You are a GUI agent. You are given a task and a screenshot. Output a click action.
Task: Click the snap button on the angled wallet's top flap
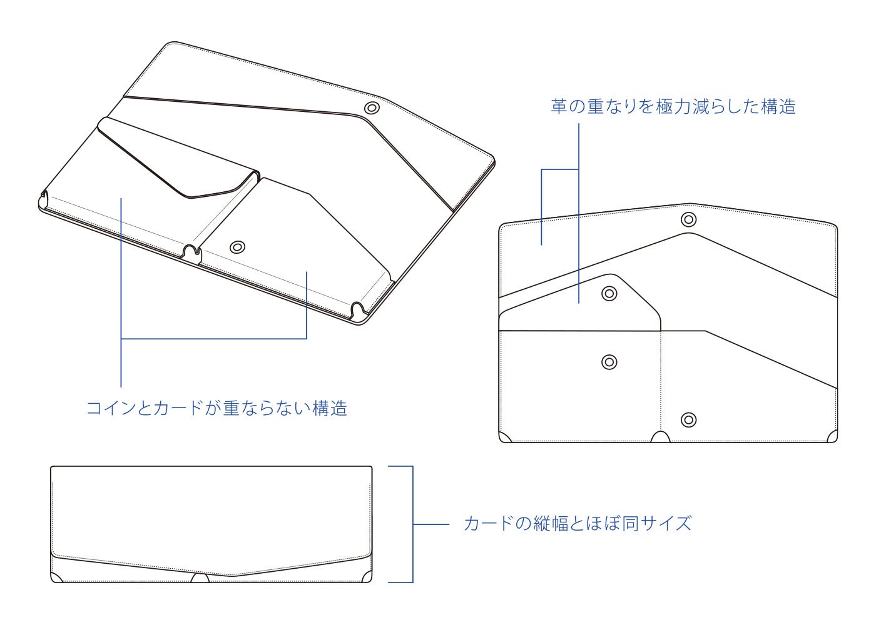click(372, 108)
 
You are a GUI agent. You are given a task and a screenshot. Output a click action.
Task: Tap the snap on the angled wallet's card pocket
click(237, 247)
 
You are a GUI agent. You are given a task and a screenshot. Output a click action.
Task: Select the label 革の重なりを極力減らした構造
click(673, 106)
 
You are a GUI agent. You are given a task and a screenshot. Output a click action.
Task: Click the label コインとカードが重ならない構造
click(216, 409)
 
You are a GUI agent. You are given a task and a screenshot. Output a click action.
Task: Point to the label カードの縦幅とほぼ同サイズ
click(578, 523)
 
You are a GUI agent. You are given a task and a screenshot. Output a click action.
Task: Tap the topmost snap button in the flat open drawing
click(688, 219)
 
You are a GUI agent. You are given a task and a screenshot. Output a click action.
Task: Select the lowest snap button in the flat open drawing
click(688, 419)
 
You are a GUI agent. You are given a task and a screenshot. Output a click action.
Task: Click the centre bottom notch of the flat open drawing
click(660, 437)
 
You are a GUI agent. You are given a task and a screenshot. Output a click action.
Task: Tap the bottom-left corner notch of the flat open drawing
click(505, 437)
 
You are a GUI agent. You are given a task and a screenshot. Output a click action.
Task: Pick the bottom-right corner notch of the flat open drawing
click(832, 437)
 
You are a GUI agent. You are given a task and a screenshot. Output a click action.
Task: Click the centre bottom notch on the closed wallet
click(200, 579)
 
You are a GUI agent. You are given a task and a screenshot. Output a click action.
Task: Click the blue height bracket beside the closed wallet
click(412, 524)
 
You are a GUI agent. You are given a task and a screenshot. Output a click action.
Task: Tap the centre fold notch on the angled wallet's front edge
click(193, 252)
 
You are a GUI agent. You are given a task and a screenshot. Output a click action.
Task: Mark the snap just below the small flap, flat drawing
click(609, 361)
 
